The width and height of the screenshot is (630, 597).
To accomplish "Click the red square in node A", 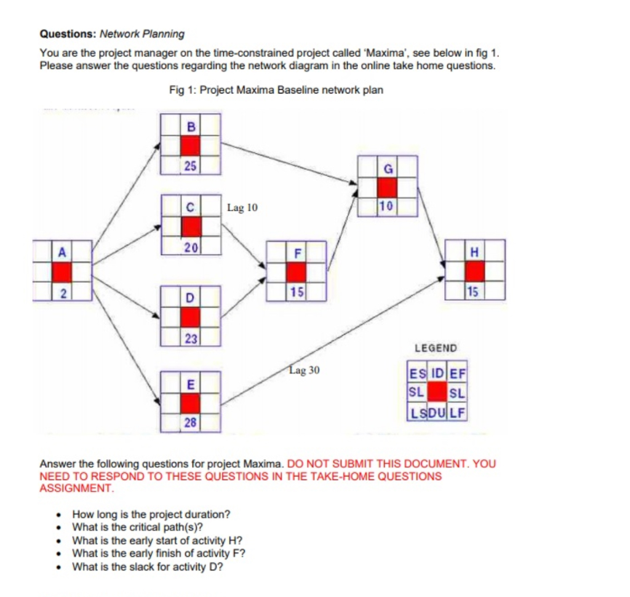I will click(x=62, y=271).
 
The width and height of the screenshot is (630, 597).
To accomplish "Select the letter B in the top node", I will click(x=190, y=127).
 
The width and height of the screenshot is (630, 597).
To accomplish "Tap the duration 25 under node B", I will click(x=190, y=165).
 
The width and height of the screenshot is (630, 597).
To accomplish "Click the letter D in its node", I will click(x=190, y=298).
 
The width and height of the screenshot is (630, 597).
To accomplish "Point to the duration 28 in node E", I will click(x=190, y=422).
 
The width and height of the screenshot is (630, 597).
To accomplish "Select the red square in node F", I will click(x=297, y=271).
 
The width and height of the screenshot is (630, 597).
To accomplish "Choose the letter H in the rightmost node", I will click(x=474, y=252).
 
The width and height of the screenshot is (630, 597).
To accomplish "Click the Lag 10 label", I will click(x=242, y=208).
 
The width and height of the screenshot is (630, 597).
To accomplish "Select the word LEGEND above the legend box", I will click(x=436, y=348).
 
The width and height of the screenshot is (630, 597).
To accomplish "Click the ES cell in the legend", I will click(x=417, y=373).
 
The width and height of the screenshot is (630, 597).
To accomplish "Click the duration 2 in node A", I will click(x=62, y=291).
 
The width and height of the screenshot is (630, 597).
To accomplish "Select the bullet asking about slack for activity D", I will click(x=147, y=566).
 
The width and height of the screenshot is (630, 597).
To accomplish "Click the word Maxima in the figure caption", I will click(x=252, y=90).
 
